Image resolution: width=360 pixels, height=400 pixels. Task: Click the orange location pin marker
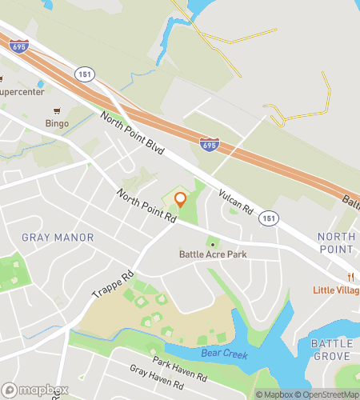click(180, 199)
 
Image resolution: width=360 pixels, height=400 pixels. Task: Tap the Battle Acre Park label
click(213, 254)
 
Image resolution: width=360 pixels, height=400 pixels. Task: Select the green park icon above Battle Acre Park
click(213, 242)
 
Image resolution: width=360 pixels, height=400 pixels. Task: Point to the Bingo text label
click(57, 124)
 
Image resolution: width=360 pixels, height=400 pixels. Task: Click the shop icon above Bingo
click(56, 111)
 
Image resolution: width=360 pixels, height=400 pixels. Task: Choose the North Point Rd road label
click(146, 206)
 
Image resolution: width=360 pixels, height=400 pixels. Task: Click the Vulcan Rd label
click(238, 202)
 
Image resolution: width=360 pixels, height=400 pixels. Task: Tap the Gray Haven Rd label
click(157, 386)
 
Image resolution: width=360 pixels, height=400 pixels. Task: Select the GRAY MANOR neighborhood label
click(58, 238)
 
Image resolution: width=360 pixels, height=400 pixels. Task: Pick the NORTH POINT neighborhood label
click(336, 243)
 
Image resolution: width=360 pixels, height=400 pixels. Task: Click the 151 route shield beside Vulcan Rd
click(269, 218)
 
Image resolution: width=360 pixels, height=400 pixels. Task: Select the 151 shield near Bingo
click(86, 73)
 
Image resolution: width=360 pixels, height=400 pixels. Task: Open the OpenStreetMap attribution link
click(328, 394)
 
